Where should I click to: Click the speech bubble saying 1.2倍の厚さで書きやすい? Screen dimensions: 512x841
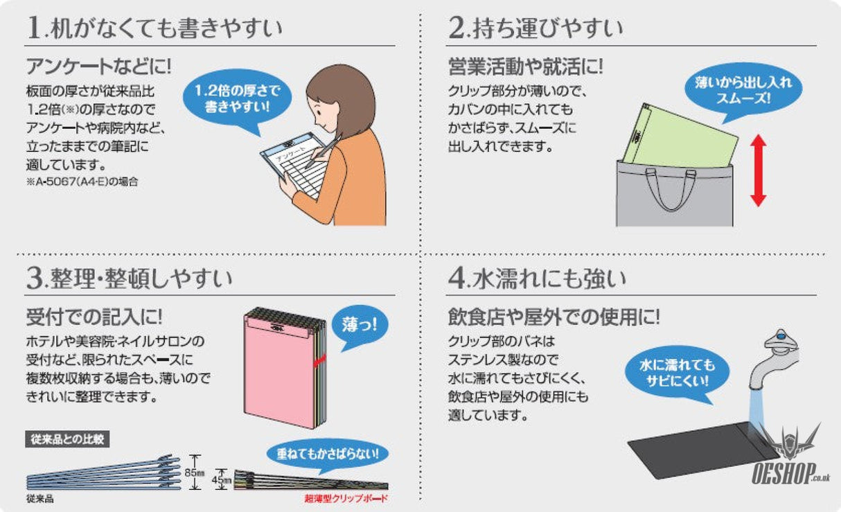236,99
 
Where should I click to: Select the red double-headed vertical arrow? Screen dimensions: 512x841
758,170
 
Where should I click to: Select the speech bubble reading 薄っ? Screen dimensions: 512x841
360,324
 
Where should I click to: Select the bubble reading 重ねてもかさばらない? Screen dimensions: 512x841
327,454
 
